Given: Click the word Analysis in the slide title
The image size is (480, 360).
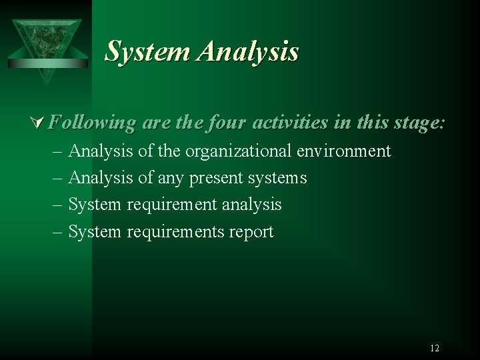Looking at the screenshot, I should pyautogui.click(x=247, y=51).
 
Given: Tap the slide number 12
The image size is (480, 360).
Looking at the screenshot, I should pyautogui.click(x=435, y=348).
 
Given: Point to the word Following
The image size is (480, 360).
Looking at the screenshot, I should pyautogui.click(x=93, y=123).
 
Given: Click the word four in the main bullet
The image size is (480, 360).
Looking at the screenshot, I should pyautogui.click(x=221, y=123).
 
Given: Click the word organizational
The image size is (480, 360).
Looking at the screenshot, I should pyautogui.click(x=239, y=151).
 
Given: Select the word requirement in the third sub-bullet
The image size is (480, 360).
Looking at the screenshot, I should pyautogui.click(x=171, y=205).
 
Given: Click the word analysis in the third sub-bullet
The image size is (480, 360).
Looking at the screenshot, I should pyautogui.click(x=251, y=205).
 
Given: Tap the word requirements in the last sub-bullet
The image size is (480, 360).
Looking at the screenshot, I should pyautogui.click(x=175, y=232).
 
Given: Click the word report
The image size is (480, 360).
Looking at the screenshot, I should pyautogui.click(x=252, y=232).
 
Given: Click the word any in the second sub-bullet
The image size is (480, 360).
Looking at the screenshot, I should pyautogui.click(x=172, y=179).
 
